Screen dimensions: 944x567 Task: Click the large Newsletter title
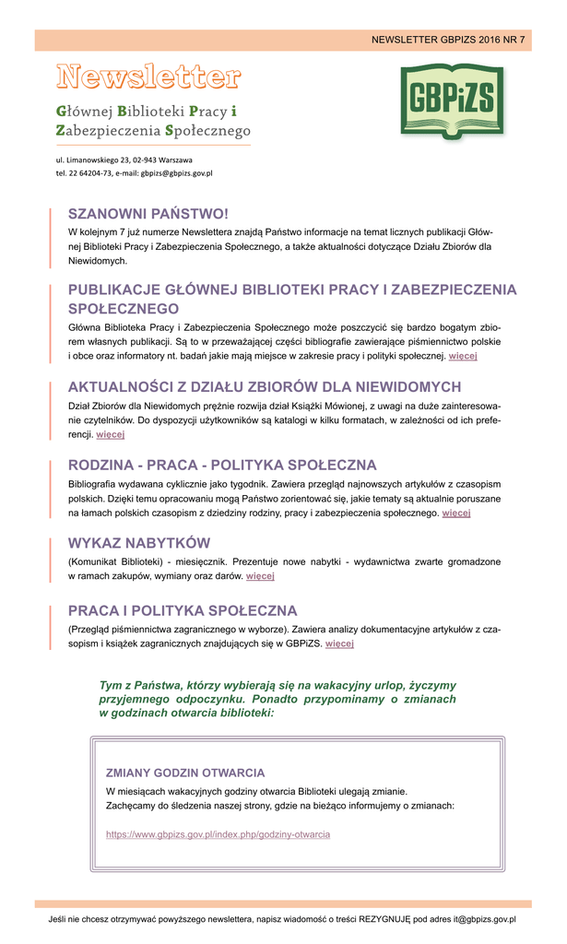tap(148, 76)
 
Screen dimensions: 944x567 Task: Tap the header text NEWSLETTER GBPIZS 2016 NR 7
tap(448, 40)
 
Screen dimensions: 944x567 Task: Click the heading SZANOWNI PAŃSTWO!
tap(148, 214)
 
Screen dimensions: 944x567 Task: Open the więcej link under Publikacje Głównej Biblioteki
tap(462, 355)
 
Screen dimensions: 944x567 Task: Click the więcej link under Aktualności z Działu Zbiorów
tap(110, 433)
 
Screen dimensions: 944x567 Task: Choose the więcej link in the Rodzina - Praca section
tap(456, 513)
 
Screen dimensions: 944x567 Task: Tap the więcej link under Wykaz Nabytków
tap(260, 576)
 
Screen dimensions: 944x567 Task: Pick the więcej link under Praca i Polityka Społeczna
tap(339, 643)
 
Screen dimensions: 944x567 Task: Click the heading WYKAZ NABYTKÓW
tap(139, 542)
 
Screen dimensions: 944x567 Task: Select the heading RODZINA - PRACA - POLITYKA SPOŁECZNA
tap(222, 465)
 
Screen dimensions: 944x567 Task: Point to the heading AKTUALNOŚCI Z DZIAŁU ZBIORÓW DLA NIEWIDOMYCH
tap(265, 386)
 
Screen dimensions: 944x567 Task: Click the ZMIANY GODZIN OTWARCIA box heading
tap(185, 773)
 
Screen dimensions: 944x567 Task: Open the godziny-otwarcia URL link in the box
tap(218, 834)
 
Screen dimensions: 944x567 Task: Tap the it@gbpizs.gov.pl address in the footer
tap(472, 919)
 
